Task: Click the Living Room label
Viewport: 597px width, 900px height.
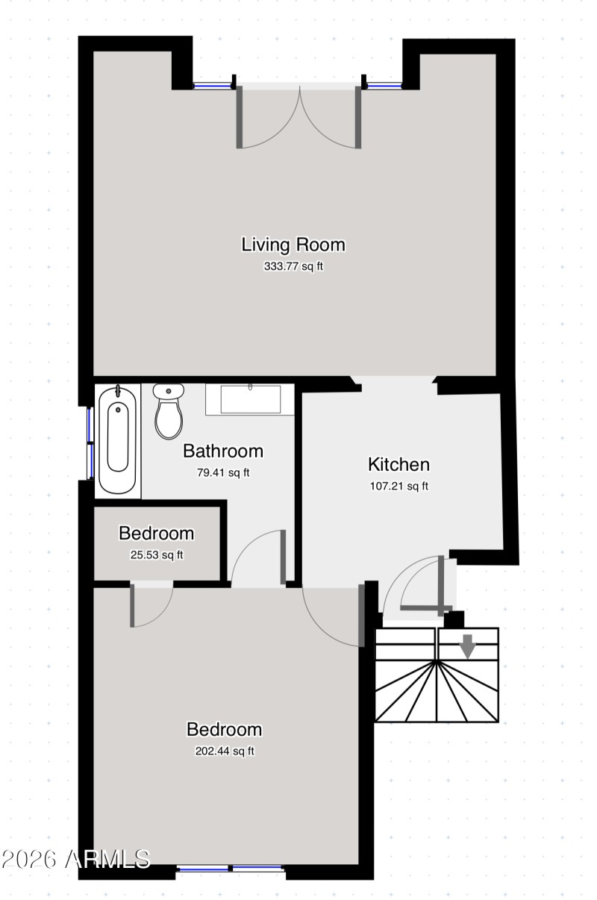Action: (293, 244)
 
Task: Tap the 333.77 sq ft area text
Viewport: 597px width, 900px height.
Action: (293, 266)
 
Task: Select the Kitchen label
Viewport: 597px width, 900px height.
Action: (398, 464)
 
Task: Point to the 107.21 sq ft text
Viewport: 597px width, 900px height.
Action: (398, 486)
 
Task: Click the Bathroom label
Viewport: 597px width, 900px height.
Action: (223, 451)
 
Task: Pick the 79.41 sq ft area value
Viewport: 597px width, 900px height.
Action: (223, 472)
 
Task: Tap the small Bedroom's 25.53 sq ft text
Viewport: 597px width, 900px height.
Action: (157, 554)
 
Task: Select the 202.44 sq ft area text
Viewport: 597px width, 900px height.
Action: (224, 751)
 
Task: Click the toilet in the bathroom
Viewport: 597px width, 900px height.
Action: (169, 411)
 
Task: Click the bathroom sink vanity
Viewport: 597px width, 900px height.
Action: (250, 399)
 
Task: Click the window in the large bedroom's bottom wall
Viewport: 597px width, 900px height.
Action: (231, 869)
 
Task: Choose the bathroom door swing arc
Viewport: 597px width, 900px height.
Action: (255, 556)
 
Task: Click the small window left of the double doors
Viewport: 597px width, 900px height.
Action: (213, 86)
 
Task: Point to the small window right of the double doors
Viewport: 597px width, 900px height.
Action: (384, 86)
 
